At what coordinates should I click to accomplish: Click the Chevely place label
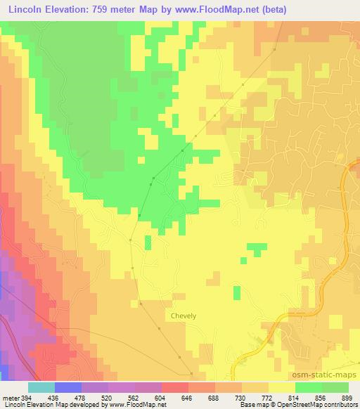coord(184,316)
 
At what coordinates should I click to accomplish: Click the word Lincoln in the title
coord(27,8)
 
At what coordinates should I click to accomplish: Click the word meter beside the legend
coord(10,397)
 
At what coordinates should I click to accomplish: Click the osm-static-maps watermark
coord(328,375)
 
